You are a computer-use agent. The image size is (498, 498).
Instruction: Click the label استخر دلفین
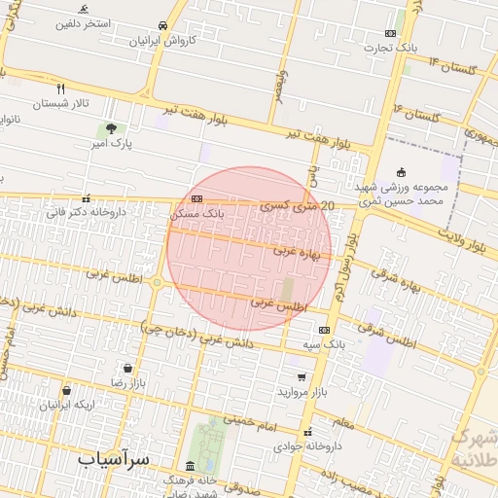(x=90, y=21)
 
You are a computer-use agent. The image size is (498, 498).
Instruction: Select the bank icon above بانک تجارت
(x=390, y=33)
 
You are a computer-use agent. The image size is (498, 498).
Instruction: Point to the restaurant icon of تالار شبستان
(x=61, y=88)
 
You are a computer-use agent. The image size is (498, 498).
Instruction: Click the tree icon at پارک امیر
(x=111, y=129)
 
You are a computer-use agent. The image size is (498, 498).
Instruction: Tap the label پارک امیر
(x=111, y=144)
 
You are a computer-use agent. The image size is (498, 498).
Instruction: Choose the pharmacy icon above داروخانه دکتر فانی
(x=86, y=197)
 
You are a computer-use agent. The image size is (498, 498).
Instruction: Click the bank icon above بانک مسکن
(x=197, y=198)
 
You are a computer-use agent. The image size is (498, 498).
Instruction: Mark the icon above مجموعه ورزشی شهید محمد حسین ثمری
(x=400, y=172)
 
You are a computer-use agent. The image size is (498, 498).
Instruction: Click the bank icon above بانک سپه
(x=324, y=330)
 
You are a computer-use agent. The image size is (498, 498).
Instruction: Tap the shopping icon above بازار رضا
(x=128, y=369)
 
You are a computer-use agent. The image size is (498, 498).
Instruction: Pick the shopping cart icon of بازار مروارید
(x=302, y=376)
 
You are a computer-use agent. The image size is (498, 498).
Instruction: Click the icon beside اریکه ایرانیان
(x=65, y=390)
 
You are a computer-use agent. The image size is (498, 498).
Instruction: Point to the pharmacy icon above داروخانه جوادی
(x=307, y=432)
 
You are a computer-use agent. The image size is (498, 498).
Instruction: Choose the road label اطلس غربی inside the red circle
(x=277, y=302)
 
